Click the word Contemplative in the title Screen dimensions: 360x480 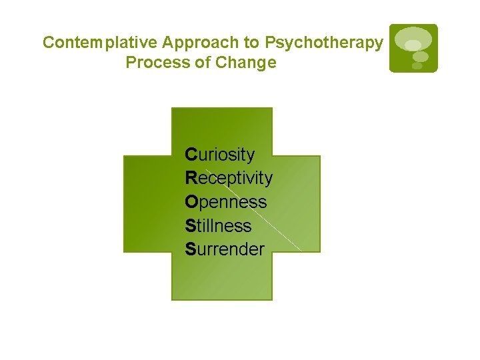click(100, 43)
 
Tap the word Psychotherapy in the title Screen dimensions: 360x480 click(324, 43)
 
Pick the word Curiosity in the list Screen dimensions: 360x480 click(220, 155)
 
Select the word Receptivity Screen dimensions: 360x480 click(229, 178)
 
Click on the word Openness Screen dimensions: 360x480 click(225, 202)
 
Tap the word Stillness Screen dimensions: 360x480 click(218, 226)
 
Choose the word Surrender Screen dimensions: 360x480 click(225, 250)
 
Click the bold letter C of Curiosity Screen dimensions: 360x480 click(191, 155)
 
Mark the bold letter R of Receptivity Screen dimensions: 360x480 click(191, 178)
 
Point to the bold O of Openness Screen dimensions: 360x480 click(191, 202)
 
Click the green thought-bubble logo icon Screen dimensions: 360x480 click(413, 48)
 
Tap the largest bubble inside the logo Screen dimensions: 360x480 click(413, 39)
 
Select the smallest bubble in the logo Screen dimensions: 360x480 click(417, 65)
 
